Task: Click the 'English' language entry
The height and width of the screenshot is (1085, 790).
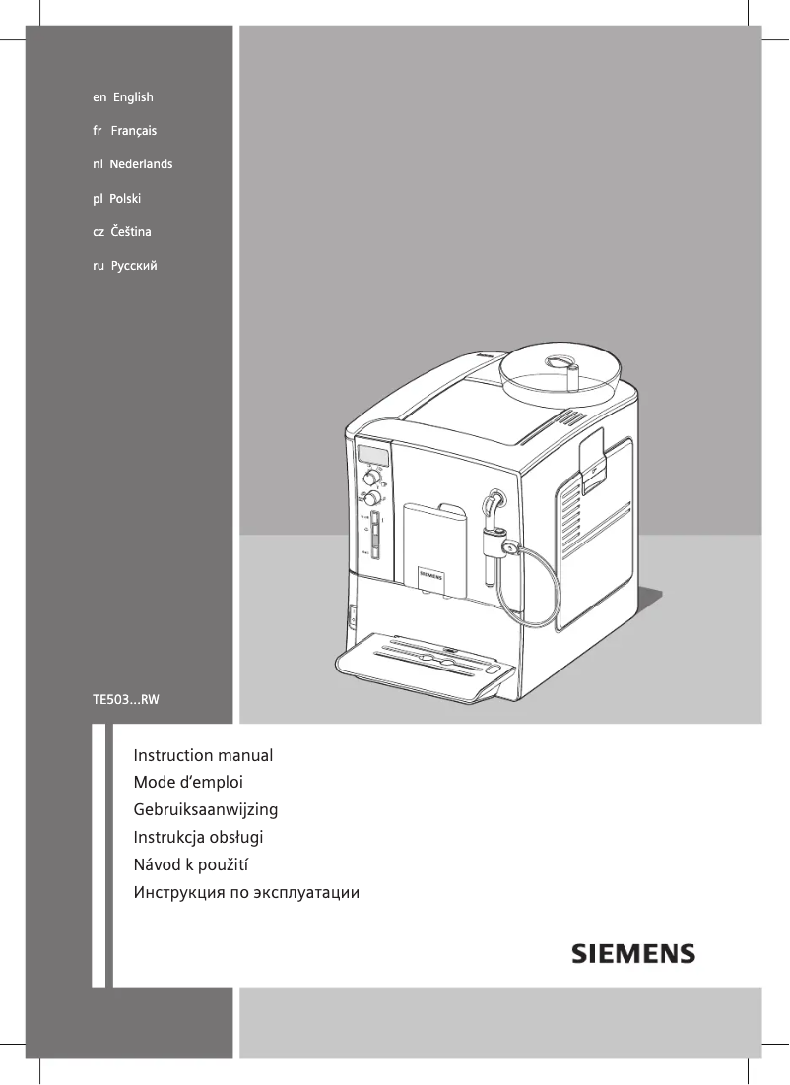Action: click(123, 97)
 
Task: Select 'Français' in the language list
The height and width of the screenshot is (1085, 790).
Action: click(124, 131)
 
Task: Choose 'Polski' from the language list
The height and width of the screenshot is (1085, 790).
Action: click(117, 198)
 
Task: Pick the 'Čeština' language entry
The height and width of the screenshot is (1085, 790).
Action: click(121, 231)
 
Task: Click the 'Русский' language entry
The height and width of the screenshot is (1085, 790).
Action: click(125, 266)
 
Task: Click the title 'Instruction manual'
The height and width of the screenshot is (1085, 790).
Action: click(203, 756)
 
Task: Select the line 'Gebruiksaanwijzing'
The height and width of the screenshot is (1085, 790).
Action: click(206, 810)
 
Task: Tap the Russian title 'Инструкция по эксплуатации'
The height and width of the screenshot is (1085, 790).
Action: click(246, 894)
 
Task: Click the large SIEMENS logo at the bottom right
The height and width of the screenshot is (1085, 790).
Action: click(634, 954)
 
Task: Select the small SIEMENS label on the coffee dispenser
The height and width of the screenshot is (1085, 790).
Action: click(433, 570)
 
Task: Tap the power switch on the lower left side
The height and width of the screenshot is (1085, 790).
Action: click(354, 617)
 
